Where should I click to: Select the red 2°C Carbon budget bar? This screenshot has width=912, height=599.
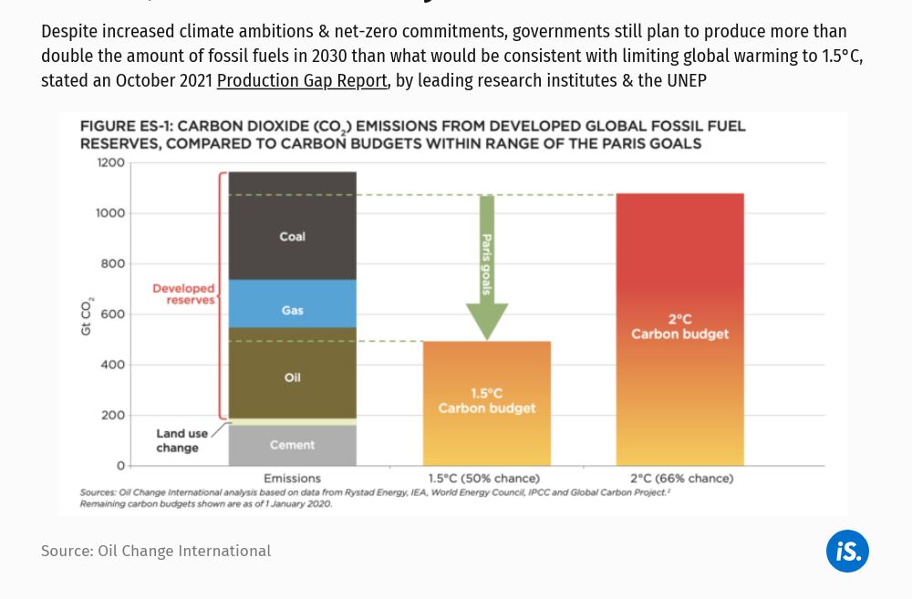point(679,328)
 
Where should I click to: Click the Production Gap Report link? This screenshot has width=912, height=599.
point(302,80)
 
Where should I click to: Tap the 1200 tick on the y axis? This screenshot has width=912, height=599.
point(110,163)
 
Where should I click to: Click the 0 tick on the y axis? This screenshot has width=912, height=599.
point(119,466)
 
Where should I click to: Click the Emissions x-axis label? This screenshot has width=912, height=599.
point(292,479)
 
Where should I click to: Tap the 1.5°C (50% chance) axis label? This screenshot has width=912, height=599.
point(483,479)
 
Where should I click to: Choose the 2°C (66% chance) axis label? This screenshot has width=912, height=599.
point(680,479)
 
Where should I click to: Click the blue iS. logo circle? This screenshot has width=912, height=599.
point(847,551)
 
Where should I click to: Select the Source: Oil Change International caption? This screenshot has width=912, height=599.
point(156,551)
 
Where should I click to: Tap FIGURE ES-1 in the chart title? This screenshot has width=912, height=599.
point(123,127)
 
